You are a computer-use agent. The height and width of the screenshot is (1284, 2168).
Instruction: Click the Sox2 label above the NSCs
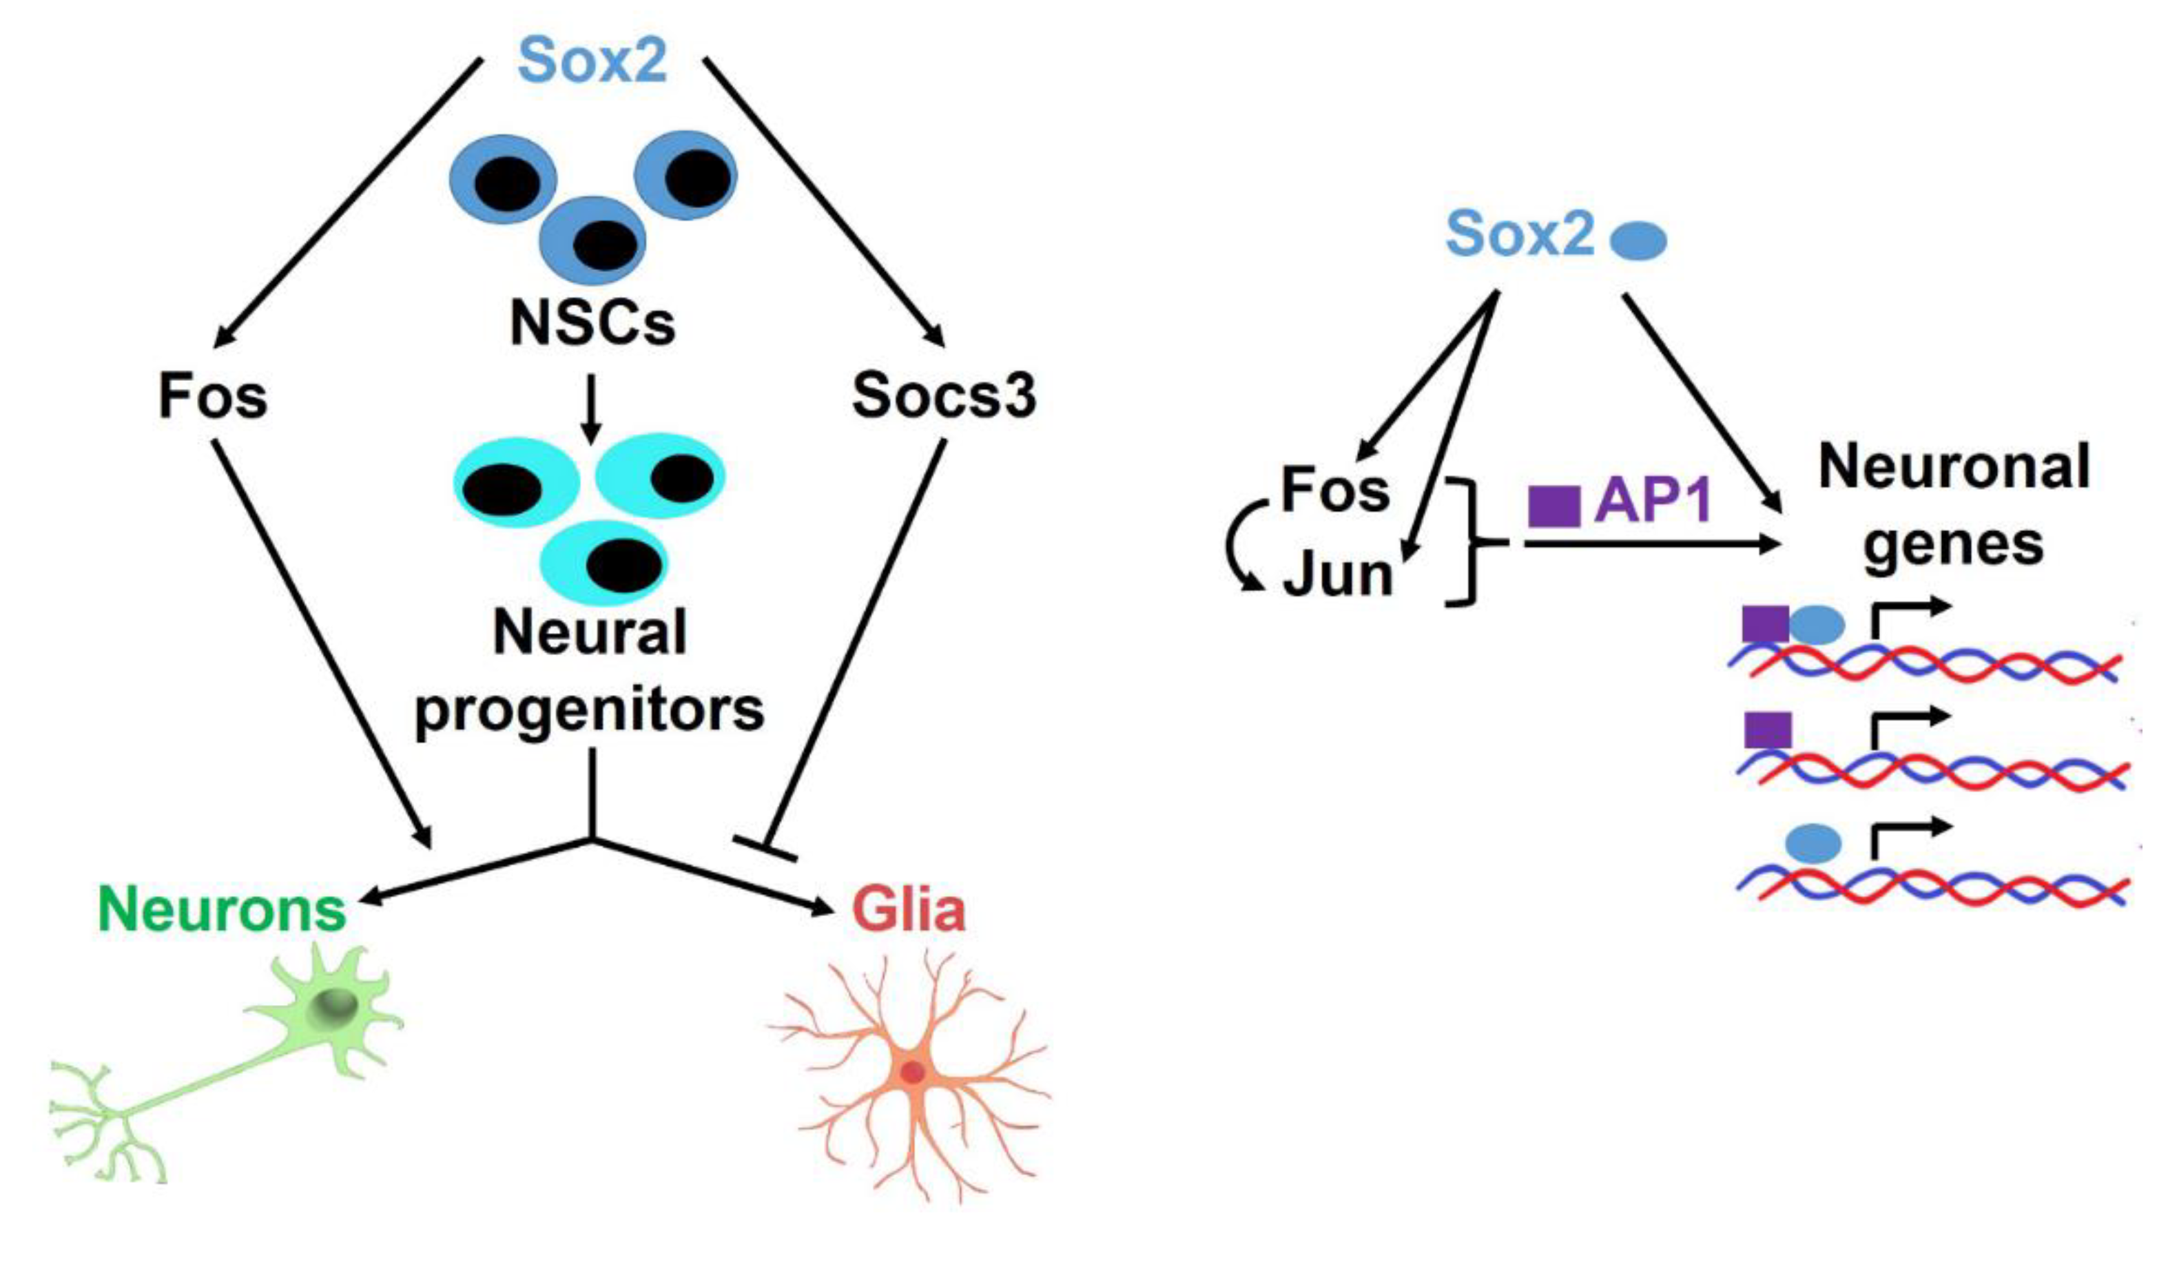coord(592,61)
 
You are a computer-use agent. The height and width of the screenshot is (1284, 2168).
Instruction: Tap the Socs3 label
coord(943,396)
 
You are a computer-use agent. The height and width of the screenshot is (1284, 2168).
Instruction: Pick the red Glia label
coord(909,909)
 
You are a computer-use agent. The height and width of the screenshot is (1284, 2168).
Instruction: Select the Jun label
coord(1337,575)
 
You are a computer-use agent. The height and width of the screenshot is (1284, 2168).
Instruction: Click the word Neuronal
coord(1954,467)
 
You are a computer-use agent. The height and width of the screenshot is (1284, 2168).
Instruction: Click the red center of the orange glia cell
coord(913,1073)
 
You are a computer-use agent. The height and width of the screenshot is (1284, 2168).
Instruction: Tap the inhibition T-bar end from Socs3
coord(765,849)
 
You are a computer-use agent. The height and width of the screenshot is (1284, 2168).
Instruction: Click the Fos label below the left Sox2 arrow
coord(213,396)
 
